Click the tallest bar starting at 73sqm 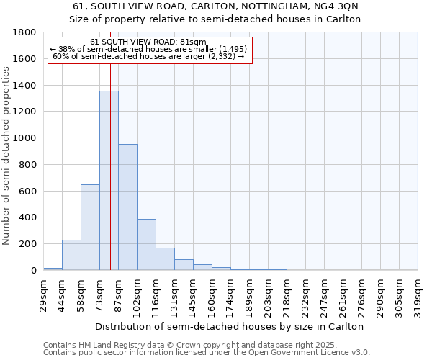tap(109, 180)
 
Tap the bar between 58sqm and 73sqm tap(90, 227)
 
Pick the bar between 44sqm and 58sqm tap(71, 255)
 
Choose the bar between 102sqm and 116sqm tap(146, 244)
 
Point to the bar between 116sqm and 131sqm tap(165, 258)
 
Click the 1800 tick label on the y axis tap(25, 32)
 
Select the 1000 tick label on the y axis tap(25, 138)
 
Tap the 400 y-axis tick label tap(28, 217)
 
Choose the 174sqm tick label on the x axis tap(230, 293)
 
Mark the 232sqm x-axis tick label tap(305, 293)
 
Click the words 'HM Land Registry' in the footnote tap(107, 345)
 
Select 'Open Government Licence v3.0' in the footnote tap(306, 353)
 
